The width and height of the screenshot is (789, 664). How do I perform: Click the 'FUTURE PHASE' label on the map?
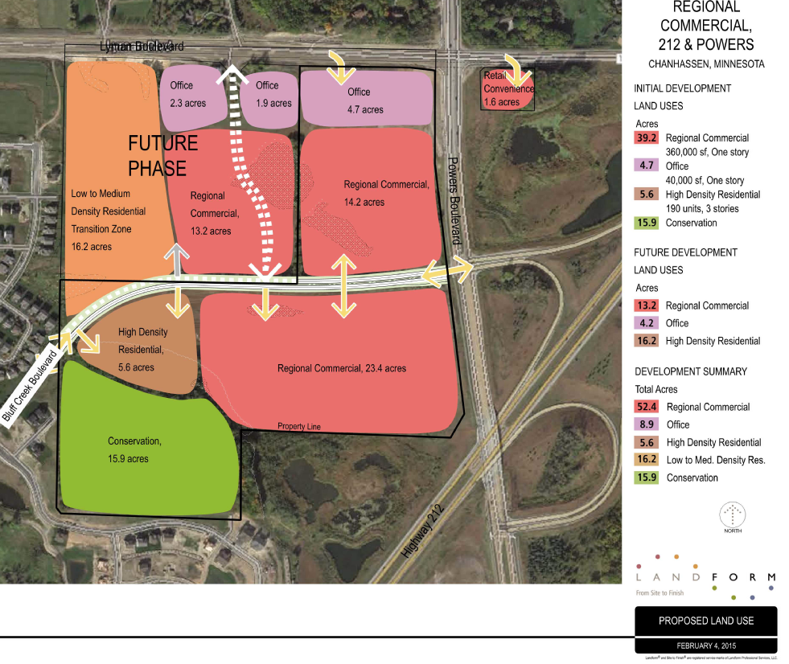[162, 156]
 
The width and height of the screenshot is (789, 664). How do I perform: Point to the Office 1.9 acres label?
[273, 95]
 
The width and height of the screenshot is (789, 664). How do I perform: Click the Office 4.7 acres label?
[360, 100]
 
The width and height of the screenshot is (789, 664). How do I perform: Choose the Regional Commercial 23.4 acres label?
[342, 368]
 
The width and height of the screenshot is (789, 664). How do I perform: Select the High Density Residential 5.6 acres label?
[142, 350]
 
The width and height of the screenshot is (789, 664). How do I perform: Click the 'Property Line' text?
[299, 426]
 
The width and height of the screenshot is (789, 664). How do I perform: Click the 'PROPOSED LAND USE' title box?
[705, 621]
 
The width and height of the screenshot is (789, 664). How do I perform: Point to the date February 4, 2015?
[705, 646]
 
